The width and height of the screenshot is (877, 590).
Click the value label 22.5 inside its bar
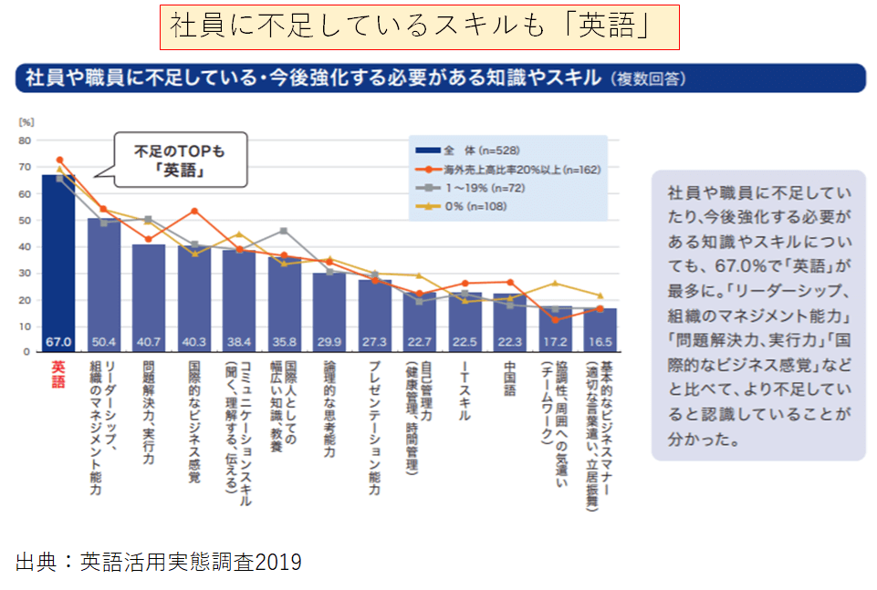coord(464,342)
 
